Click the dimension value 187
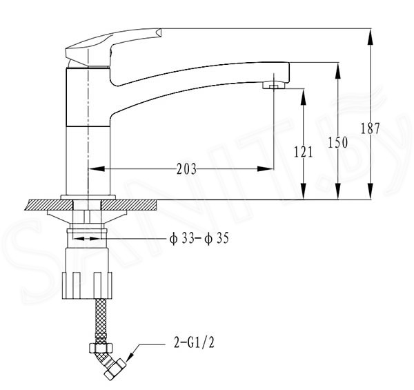[x=370, y=128]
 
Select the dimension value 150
[x=337, y=143]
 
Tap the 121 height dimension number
[x=304, y=152]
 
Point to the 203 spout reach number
[x=187, y=169]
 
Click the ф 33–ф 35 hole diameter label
[x=199, y=239]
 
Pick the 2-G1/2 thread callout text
[x=194, y=343]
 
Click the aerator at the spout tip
[x=275, y=86]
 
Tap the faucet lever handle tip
[x=158, y=32]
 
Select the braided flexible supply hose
[x=101, y=321]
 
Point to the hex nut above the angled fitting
[x=101, y=347]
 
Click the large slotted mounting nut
[x=87, y=286]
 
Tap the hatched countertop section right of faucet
[x=129, y=205]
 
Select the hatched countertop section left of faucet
[x=49, y=205]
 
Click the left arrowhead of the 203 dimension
[x=97, y=168]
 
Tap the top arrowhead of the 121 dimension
[x=304, y=97]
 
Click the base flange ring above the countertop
[x=88, y=197]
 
